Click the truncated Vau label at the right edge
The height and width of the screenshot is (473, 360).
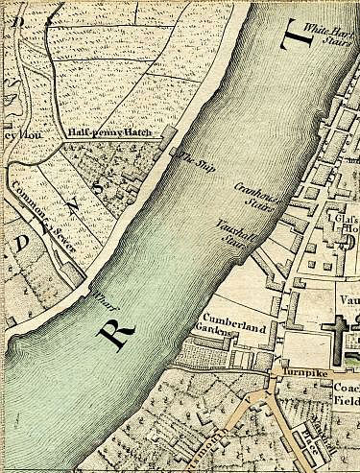coord(348,299)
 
